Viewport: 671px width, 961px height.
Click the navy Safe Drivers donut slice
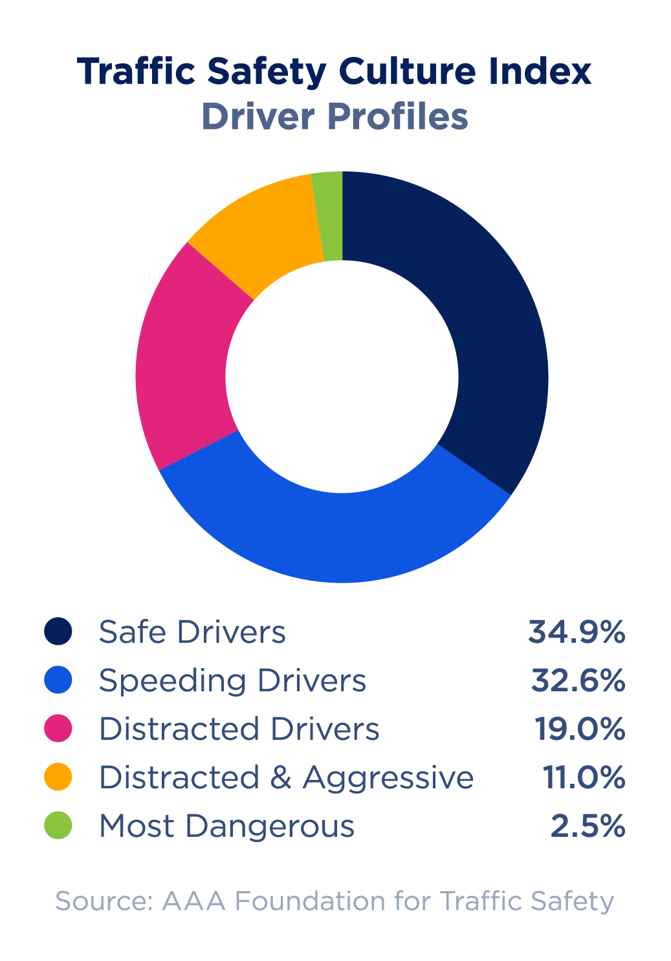coord(492,323)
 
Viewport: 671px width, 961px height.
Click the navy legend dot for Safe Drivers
coord(58,631)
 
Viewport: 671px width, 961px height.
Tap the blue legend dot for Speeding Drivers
coord(58,680)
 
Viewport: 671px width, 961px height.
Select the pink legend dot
coord(58,728)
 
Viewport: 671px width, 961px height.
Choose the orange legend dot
coord(58,777)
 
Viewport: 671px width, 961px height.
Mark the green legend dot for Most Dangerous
coord(58,825)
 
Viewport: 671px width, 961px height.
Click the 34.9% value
coord(577,632)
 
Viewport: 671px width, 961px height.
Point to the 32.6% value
coord(578,680)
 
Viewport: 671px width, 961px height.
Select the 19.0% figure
coord(580,729)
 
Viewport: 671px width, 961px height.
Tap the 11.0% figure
coord(584,777)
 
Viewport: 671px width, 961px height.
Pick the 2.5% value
coord(588,826)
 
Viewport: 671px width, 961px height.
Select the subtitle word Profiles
coord(397,117)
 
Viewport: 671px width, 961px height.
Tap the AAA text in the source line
coord(193,901)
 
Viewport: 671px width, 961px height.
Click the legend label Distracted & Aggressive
coord(286,777)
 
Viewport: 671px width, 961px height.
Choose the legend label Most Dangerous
coord(226,826)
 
